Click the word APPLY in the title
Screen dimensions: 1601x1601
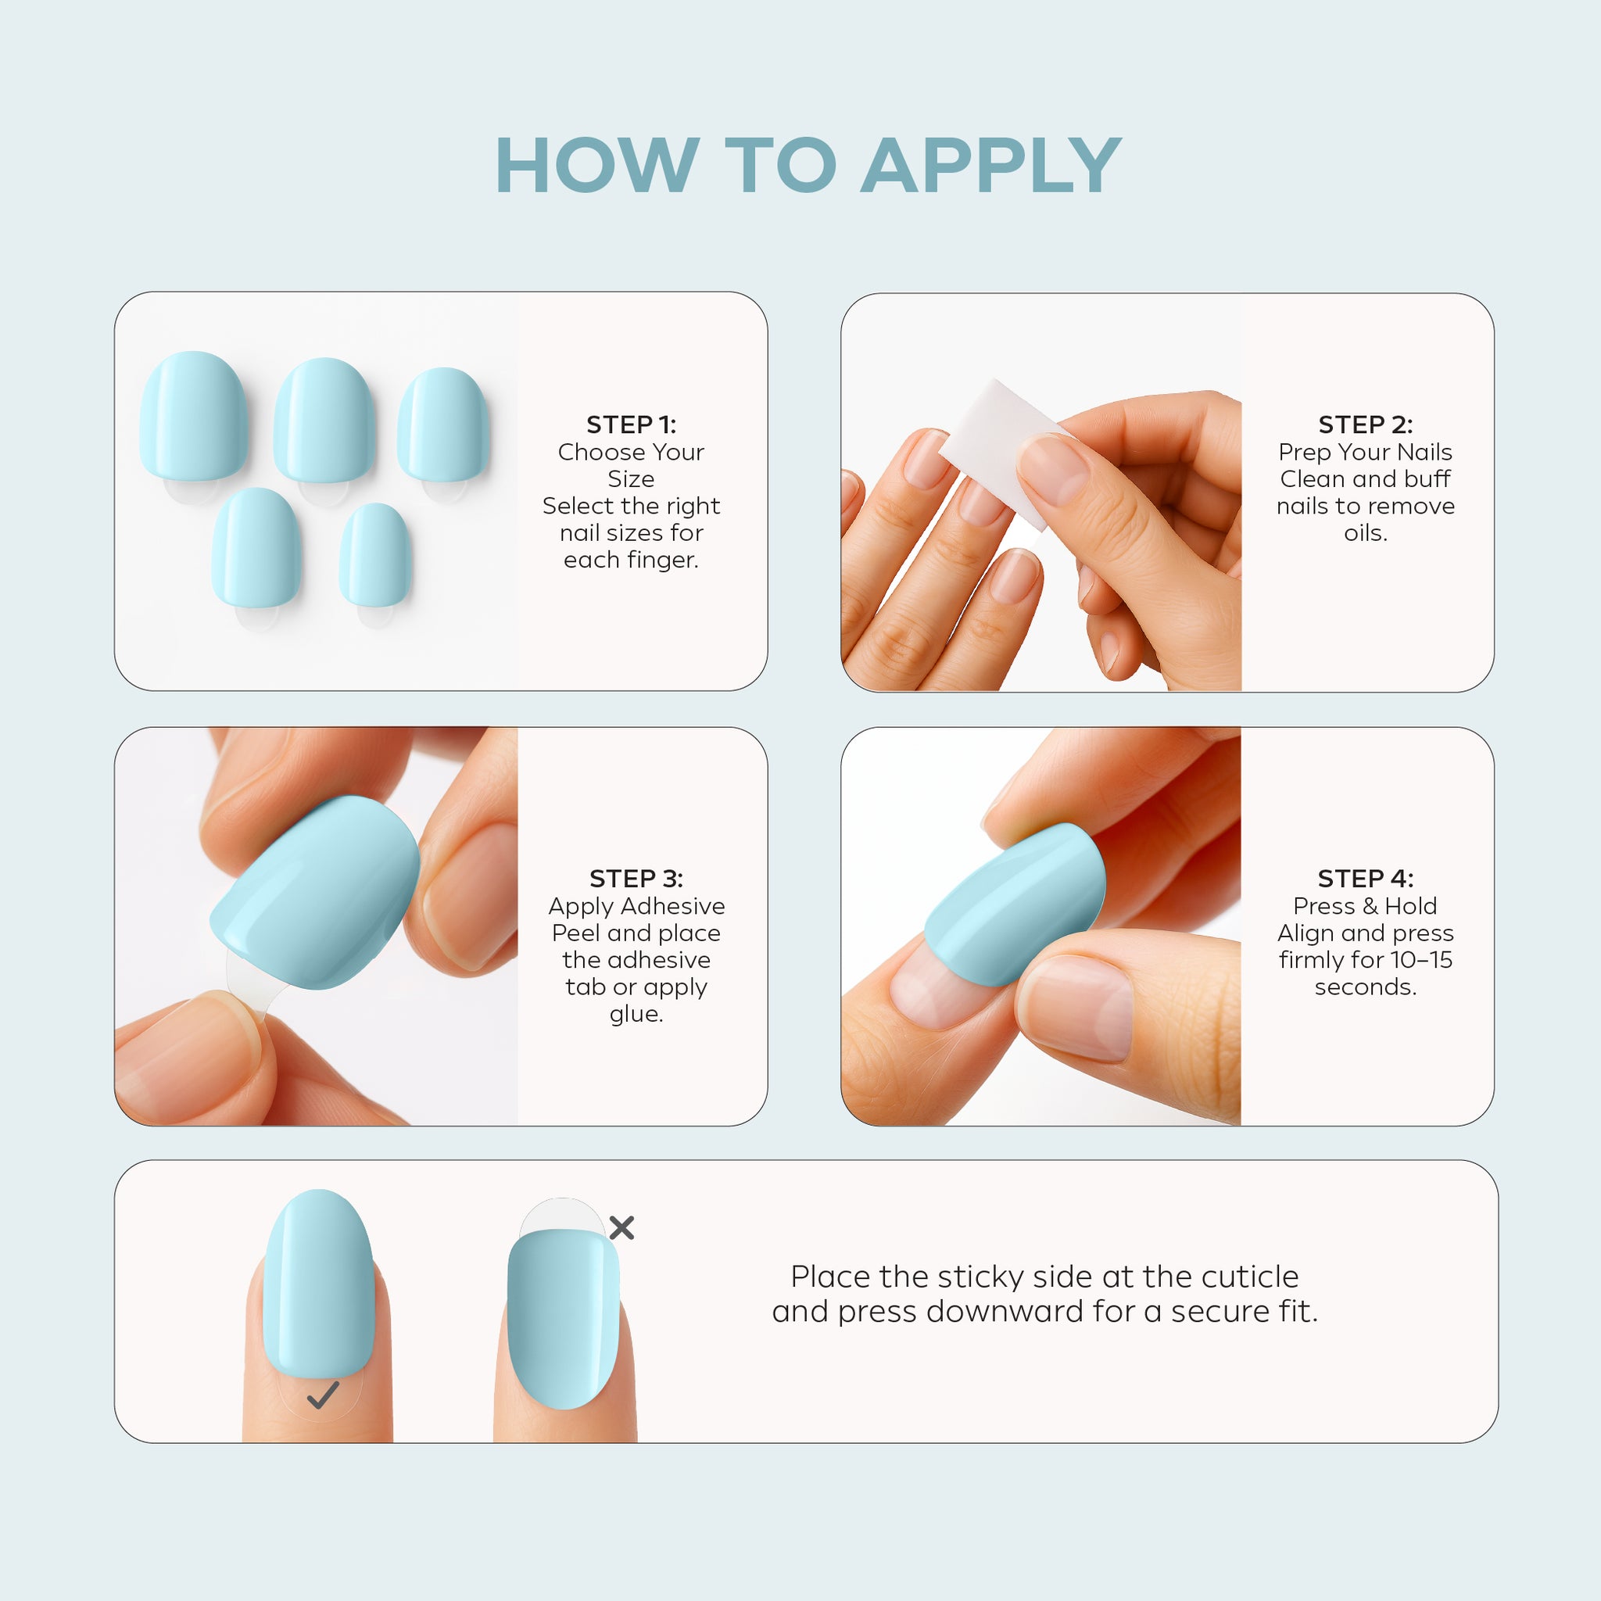point(991,166)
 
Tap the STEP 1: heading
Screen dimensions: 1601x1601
point(632,424)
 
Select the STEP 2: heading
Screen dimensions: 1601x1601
point(1366,424)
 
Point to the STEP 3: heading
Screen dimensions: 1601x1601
point(636,879)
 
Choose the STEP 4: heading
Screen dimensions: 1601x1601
point(1366,879)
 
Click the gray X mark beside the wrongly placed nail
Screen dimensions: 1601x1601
point(621,1228)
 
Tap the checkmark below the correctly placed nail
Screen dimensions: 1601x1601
point(322,1395)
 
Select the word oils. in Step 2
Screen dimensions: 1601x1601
point(1366,533)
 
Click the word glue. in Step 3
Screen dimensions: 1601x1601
point(636,1014)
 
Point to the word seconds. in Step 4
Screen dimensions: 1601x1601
point(1366,987)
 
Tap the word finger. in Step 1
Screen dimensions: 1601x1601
point(673,561)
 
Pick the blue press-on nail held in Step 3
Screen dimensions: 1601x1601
point(315,894)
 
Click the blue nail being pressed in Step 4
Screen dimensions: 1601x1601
point(1015,905)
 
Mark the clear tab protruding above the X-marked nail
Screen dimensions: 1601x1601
point(562,1215)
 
